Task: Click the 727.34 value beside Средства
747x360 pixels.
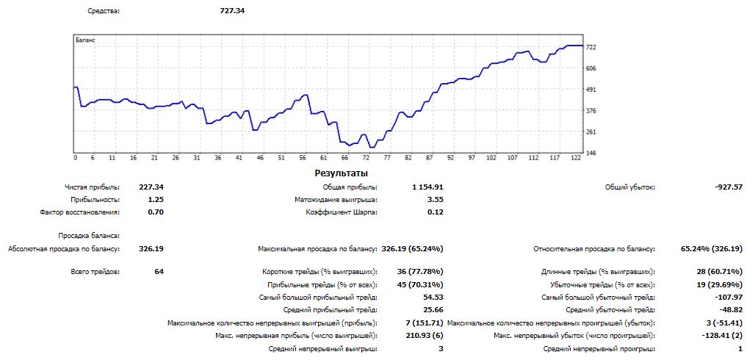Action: (x=232, y=11)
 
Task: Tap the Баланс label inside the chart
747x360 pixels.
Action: (x=85, y=40)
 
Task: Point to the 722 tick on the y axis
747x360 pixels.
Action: (x=591, y=47)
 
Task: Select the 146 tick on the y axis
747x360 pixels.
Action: (x=591, y=153)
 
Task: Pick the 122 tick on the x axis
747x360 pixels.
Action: (x=577, y=158)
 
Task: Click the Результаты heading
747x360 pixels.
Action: (x=342, y=173)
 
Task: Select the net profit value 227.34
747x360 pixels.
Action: (x=151, y=187)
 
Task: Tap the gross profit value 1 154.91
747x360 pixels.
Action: (x=427, y=187)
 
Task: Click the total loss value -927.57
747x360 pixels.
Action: (x=728, y=187)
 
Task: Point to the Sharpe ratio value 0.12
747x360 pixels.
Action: (x=435, y=212)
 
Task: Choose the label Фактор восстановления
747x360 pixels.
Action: (x=80, y=212)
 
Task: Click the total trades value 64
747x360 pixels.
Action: (x=159, y=272)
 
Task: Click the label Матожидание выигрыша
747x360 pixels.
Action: (x=336, y=200)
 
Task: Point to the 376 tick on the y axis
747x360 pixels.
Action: (x=591, y=110)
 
